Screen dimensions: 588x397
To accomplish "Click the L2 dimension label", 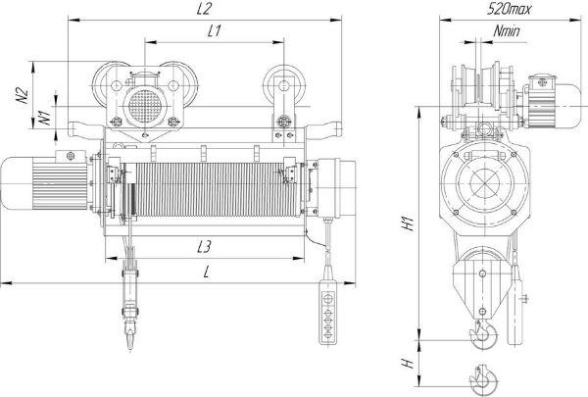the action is pyautogui.click(x=204, y=9).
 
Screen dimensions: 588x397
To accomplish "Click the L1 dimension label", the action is pyautogui.click(x=214, y=31).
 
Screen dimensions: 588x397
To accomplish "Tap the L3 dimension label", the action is pyautogui.click(x=205, y=246).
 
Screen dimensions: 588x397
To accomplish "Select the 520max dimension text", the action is pyautogui.click(x=509, y=9).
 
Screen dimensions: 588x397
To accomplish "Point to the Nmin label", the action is pyautogui.click(x=507, y=31).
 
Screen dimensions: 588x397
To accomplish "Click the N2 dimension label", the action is pyautogui.click(x=23, y=96).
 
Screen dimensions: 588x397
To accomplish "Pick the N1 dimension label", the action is pyautogui.click(x=45, y=117).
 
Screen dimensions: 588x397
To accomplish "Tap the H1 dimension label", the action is pyautogui.click(x=408, y=223).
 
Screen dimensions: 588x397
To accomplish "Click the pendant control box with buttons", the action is pyautogui.click(x=328, y=312).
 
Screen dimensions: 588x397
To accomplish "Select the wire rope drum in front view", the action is pyautogui.click(x=212, y=189).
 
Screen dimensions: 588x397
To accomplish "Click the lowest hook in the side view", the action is pyautogui.click(x=484, y=378).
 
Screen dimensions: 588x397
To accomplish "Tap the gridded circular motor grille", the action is pyautogui.click(x=144, y=106).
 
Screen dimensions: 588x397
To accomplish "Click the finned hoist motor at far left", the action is pyautogui.click(x=44, y=183).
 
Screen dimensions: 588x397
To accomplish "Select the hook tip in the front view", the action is pyautogui.click(x=130, y=347).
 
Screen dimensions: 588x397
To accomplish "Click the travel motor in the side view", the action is pyautogui.click(x=554, y=102).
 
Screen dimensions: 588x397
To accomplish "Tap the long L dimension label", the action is pyautogui.click(x=206, y=273).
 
